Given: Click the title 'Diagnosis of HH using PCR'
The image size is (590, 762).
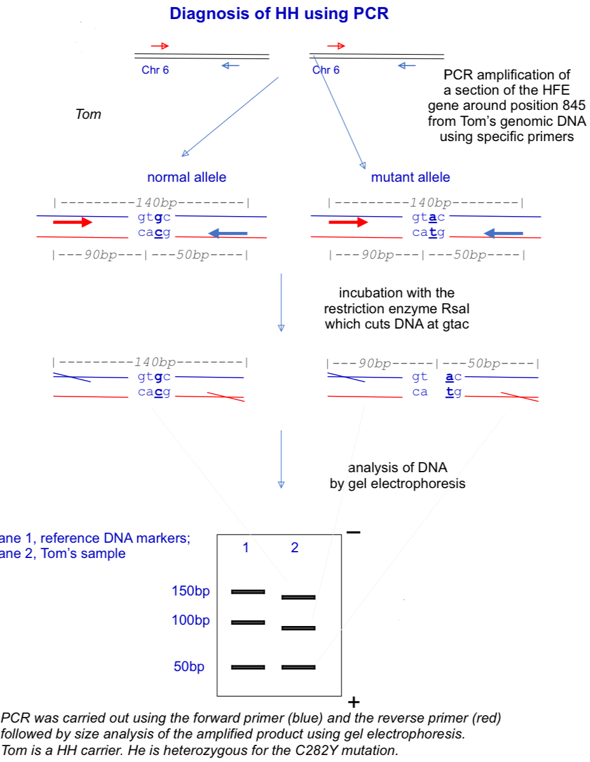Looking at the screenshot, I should click(x=279, y=13).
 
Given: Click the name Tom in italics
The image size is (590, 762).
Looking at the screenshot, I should click(x=88, y=115).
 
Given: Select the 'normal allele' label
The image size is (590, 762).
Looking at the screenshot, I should click(x=186, y=177).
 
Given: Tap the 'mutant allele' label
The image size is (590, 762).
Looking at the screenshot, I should click(x=410, y=177).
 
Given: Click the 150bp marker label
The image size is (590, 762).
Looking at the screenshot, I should click(x=190, y=591).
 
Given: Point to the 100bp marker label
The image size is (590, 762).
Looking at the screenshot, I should click(x=190, y=620).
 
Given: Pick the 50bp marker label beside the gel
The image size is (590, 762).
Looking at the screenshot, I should click(x=189, y=667).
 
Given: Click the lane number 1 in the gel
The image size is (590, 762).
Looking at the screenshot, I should click(x=246, y=548).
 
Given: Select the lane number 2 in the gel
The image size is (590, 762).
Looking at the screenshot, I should click(x=294, y=548).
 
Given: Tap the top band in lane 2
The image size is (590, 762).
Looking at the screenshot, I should click(x=298, y=597).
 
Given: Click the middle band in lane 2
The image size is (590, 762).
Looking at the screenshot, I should click(x=298, y=629).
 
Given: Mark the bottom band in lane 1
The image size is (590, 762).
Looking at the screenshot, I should click(x=248, y=667).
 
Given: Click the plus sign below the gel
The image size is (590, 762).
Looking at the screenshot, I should click(x=354, y=702).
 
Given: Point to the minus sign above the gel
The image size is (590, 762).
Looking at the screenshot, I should click(x=353, y=532).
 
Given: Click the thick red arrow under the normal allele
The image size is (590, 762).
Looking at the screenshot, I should click(x=72, y=222).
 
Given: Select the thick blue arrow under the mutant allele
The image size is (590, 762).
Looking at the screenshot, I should click(x=504, y=234).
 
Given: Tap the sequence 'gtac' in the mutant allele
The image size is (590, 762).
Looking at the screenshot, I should click(x=428, y=217).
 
